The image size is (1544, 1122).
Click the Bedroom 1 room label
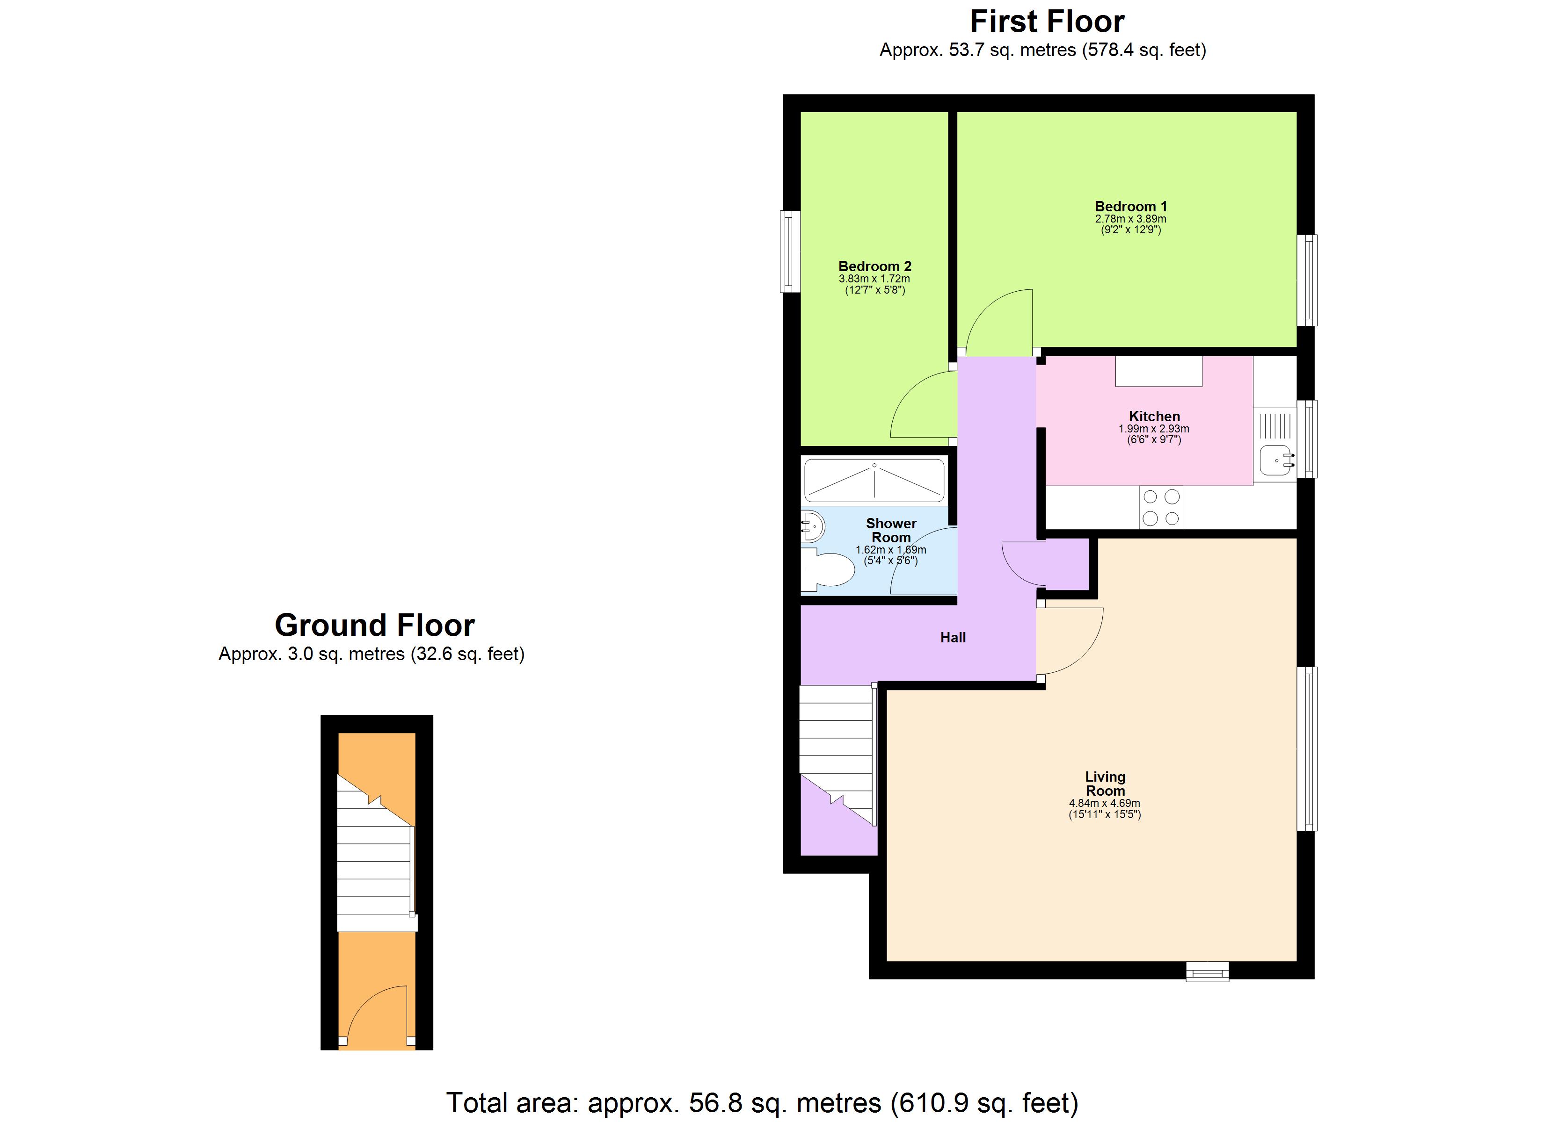click(1130, 206)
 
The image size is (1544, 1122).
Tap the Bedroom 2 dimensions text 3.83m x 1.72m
click(874, 279)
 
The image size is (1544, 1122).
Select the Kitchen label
click(1154, 417)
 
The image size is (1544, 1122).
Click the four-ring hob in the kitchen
click(1161, 508)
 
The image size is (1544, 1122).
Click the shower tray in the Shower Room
click(874, 481)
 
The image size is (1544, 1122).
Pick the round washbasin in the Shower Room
click(812, 526)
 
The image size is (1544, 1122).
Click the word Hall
click(953, 638)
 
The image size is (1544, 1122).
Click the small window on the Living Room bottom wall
click(1207, 971)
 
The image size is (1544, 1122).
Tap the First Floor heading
click(1046, 22)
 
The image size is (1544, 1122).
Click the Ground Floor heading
click(374, 625)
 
